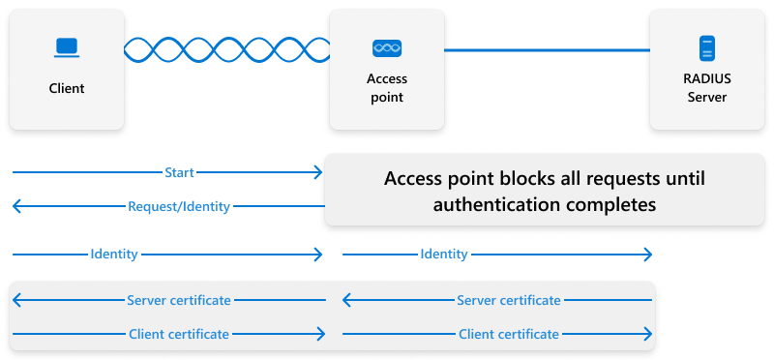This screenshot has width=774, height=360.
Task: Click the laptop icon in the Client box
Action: pos(67,46)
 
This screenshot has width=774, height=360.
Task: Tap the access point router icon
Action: pos(387,47)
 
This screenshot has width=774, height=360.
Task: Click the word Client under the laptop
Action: pos(67,88)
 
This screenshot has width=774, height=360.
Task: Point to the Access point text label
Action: pos(387,88)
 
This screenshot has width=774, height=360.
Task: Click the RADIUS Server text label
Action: pos(706,88)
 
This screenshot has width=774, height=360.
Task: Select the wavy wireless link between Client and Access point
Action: pos(226,48)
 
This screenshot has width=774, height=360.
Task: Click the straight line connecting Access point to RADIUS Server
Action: pos(547,48)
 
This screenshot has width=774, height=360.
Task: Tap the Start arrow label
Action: pos(179,172)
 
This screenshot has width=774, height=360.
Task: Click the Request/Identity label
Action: pos(179,206)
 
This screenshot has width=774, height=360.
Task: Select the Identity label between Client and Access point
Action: pos(114,254)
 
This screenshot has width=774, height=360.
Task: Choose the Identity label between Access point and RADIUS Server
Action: pos(444,254)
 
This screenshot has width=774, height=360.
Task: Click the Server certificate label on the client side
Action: pos(179,300)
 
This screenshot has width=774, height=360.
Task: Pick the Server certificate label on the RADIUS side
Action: pos(509,300)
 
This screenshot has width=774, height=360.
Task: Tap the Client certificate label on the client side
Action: pos(179,334)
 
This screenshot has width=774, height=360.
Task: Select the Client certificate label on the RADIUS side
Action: pos(509,334)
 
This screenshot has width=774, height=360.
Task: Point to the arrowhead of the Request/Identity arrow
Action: pos(16,206)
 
